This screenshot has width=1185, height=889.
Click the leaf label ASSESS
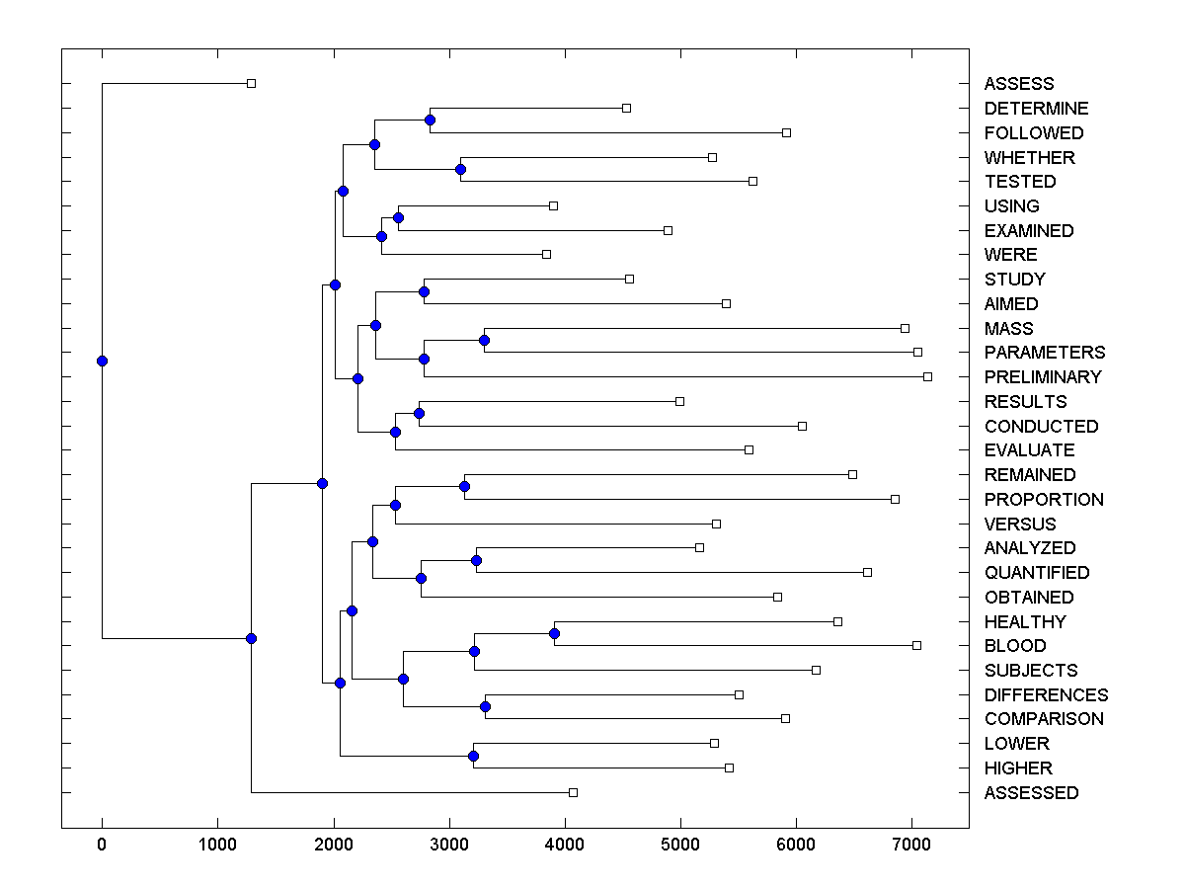point(1018,84)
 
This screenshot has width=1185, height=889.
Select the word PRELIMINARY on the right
point(1042,377)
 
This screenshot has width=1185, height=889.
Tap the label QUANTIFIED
point(1036,573)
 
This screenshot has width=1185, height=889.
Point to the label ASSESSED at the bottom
point(1031,793)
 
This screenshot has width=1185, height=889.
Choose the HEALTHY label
point(1024,622)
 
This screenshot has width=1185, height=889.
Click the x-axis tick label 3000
point(449,843)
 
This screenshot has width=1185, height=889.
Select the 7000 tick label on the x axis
point(911,843)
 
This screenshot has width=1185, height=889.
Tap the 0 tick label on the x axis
point(102,843)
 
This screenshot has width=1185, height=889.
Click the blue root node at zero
point(102,361)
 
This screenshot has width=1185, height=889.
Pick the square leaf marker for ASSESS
point(251,84)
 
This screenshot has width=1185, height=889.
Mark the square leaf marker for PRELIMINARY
point(927,376)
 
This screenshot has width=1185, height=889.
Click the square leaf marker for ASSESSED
point(573,792)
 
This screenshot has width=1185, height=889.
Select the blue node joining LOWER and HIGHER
point(473,756)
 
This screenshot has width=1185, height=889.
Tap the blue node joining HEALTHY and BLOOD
point(555,633)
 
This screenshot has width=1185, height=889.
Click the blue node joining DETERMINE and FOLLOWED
point(430,121)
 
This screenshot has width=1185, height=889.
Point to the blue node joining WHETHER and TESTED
point(460,169)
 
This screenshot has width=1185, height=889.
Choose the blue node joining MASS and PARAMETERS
point(484,340)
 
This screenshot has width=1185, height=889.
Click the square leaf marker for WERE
point(546,254)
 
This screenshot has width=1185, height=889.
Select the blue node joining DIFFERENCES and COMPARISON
point(485,706)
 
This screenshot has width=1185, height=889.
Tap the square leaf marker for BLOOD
point(916,645)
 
